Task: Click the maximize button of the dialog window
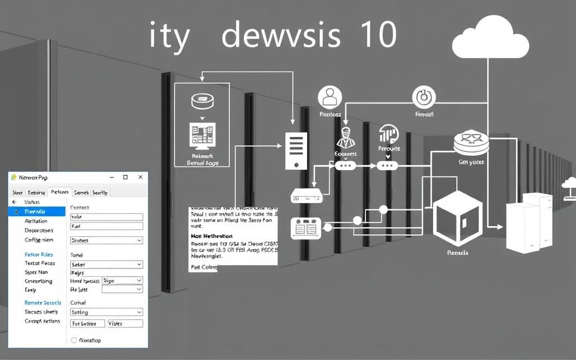click(125, 177)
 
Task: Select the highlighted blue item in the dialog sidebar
click(37, 211)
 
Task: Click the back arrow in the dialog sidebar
click(15, 201)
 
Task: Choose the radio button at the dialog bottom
click(74, 340)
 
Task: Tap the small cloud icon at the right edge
click(569, 183)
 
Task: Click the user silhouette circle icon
click(330, 97)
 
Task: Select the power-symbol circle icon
click(424, 97)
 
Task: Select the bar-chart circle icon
click(388, 134)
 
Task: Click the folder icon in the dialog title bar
click(14, 177)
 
